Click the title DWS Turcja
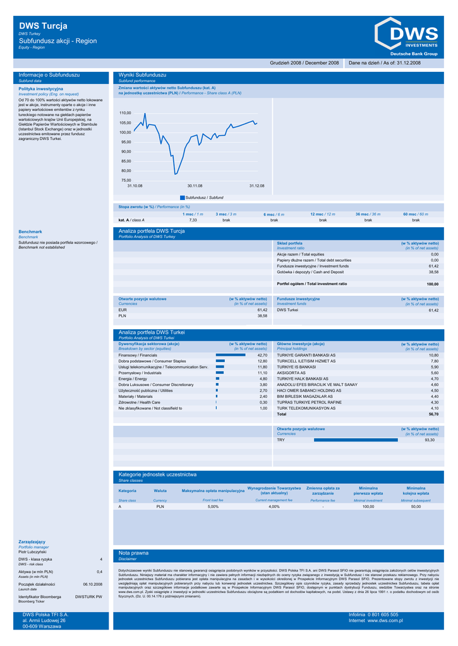point(43,26)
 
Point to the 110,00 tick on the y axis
point(125,113)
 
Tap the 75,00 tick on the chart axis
point(126,180)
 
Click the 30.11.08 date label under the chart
point(195,185)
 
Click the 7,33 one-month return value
point(193,220)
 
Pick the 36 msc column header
point(368,214)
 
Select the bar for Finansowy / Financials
point(230,355)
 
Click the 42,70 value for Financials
point(262,355)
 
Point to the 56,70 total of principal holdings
point(433,414)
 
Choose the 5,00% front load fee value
point(213,507)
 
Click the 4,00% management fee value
point(274,507)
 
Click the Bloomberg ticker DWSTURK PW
point(88,596)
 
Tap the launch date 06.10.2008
point(92,584)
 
